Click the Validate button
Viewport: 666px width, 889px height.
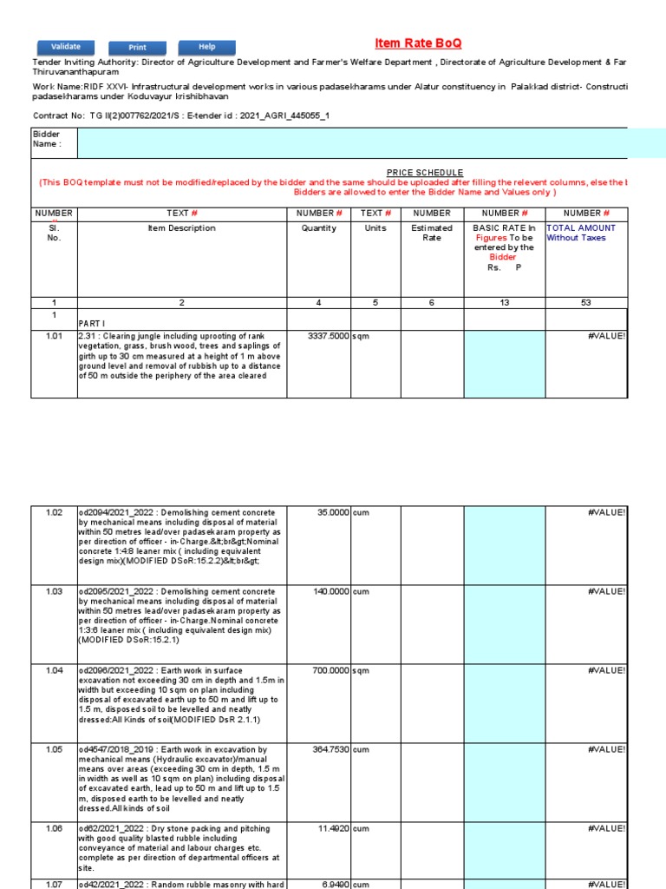pyautogui.click(x=66, y=47)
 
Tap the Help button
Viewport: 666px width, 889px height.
pyautogui.click(x=206, y=47)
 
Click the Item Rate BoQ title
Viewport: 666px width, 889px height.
pyautogui.click(x=418, y=43)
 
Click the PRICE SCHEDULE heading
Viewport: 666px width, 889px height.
pyautogui.click(x=425, y=174)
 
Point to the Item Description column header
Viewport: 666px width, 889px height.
pyautogui.click(x=182, y=228)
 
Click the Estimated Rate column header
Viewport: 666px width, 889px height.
pyautogui.click(x=431, y=233)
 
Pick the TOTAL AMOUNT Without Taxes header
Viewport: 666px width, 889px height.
pyautogui.click(x=584, y=233)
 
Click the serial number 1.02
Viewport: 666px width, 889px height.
pyautogui.click(x=54, y=513)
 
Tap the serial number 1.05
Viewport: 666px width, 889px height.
pyautogui.click(x=54, y=750)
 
